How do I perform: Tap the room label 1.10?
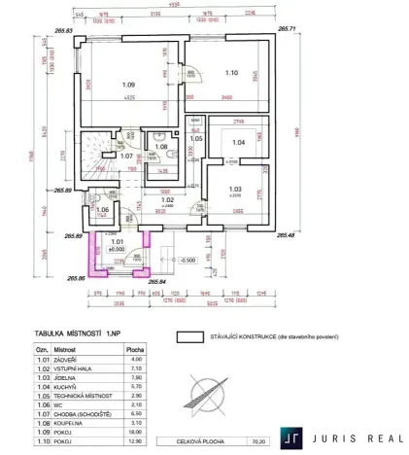pos(232,72)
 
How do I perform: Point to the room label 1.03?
pos(235,190)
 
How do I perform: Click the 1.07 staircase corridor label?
pos(125,156)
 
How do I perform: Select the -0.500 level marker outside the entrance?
pos(189,261)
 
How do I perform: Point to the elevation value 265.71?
pos(288,30)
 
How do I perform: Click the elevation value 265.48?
pos(287,234)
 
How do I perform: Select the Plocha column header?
pos(136,347)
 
